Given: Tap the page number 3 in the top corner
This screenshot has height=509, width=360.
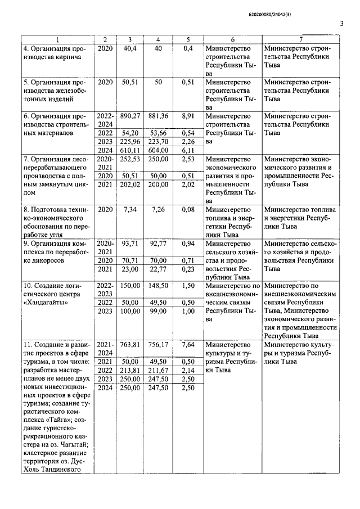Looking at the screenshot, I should (341, 24).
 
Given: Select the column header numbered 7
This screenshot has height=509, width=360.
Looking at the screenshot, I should (301, 39).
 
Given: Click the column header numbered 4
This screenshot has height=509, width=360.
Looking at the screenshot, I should (158, 39).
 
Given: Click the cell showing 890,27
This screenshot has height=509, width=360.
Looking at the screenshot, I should (130, 115).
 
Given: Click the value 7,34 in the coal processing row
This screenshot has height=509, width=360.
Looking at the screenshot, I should (130, 209).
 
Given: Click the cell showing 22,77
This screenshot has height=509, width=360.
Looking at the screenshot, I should (158, 269).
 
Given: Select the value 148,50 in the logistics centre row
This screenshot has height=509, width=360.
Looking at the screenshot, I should (158, 286).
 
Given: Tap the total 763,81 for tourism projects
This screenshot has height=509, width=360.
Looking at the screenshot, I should (130, 344).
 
